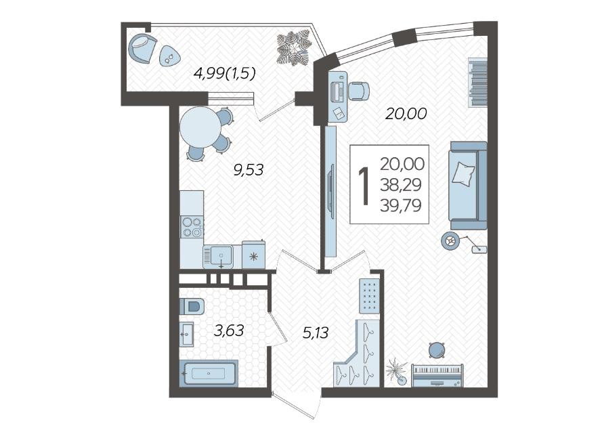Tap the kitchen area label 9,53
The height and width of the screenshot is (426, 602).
tap(249, 169)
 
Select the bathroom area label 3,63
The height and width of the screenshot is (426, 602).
tap(229, 331)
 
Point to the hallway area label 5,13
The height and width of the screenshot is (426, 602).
tap(316, 333)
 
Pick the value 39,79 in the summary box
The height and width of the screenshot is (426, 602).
tap(401, 206)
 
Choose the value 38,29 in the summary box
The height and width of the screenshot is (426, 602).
tap(401, 185)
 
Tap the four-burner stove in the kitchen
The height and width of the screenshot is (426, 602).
tap(192, 227)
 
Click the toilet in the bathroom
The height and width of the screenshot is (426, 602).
tap(192, 306)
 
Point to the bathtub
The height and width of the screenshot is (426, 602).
tap(209, 372)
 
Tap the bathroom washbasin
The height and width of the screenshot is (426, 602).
tap(187, 334)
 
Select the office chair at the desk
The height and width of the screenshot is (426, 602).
tap(358, 91)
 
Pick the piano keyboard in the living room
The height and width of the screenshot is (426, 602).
tap(437, 375)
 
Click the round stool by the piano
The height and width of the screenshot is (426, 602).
tap(436, 350)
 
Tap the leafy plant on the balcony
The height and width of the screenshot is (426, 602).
tap(294, 49)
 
